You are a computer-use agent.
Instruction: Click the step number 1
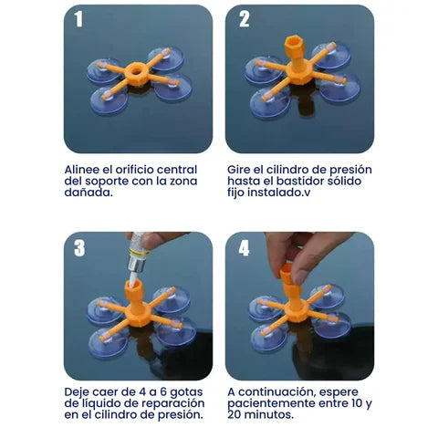coord(78,20)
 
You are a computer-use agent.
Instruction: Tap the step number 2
coord(244,20)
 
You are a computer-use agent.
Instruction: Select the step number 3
coord(78,249)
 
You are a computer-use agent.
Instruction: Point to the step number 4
coord(244,249)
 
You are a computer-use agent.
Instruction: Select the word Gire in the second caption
coord(241,169)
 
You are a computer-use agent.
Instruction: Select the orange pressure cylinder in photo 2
coord(297,56)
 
